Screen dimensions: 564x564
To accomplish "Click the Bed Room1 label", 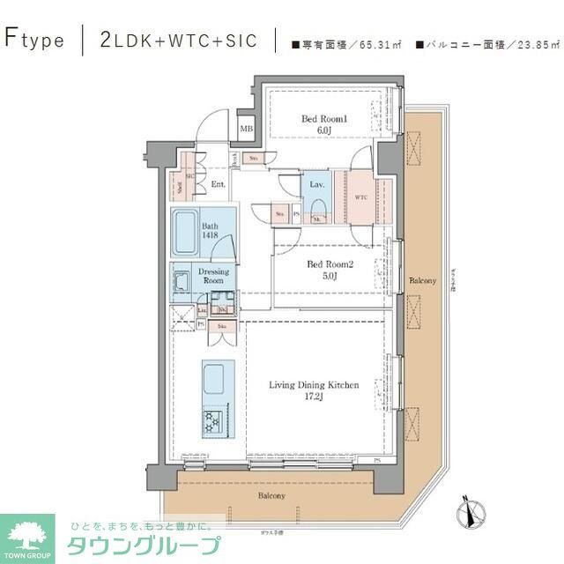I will (319, 124).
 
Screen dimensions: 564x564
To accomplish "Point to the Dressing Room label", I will (213, 276).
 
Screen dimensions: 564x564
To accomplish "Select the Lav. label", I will (317, 184).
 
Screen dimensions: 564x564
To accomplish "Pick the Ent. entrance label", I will (218, 184).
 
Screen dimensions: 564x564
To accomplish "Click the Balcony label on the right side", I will (422, 280).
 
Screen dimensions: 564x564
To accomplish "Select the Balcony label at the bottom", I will (271, 496).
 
